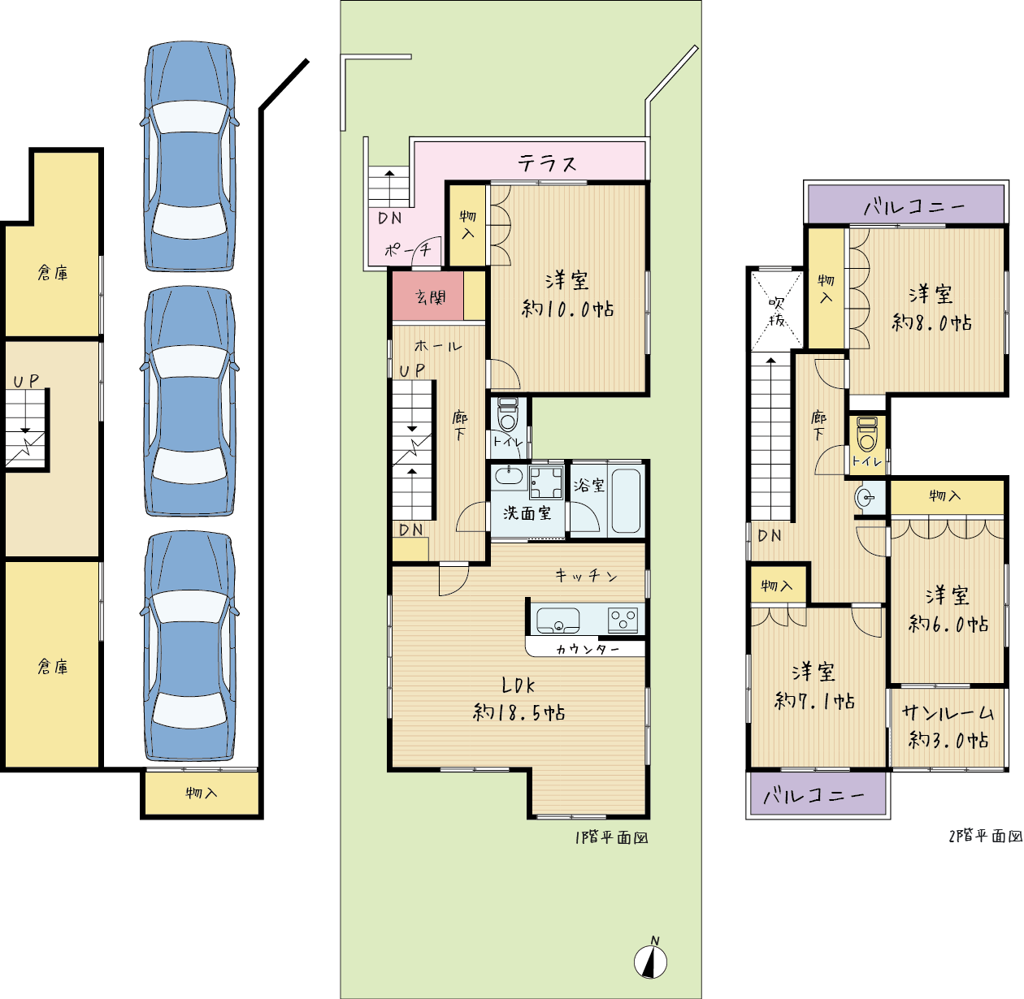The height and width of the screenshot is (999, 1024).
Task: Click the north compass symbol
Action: [650, 961]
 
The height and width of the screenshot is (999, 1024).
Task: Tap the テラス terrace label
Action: [547, 163]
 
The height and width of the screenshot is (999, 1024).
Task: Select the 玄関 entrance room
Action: [427, 296]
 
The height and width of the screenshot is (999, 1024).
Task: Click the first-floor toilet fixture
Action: [508, 414]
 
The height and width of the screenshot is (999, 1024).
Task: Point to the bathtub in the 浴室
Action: [626, 501]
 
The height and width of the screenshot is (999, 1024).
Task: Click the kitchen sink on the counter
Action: [558, 621]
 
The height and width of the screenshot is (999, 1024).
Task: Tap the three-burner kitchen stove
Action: [623, 619]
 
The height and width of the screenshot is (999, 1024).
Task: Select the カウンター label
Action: [588, 650]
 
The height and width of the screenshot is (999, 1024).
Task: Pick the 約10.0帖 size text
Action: [567, 309]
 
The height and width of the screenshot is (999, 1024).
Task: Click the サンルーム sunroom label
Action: [948, 713]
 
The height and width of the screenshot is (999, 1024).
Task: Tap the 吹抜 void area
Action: [777, 311]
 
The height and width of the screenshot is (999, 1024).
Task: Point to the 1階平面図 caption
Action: [611, 837]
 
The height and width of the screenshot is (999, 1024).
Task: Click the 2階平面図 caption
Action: [986, 836]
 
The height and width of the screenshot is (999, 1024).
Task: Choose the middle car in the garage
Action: [189, 402]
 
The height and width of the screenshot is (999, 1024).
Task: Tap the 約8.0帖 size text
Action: [931, 322]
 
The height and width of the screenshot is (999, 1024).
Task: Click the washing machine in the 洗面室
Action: [546, 482]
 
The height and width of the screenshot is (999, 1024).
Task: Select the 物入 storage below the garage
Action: [202, 793]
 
